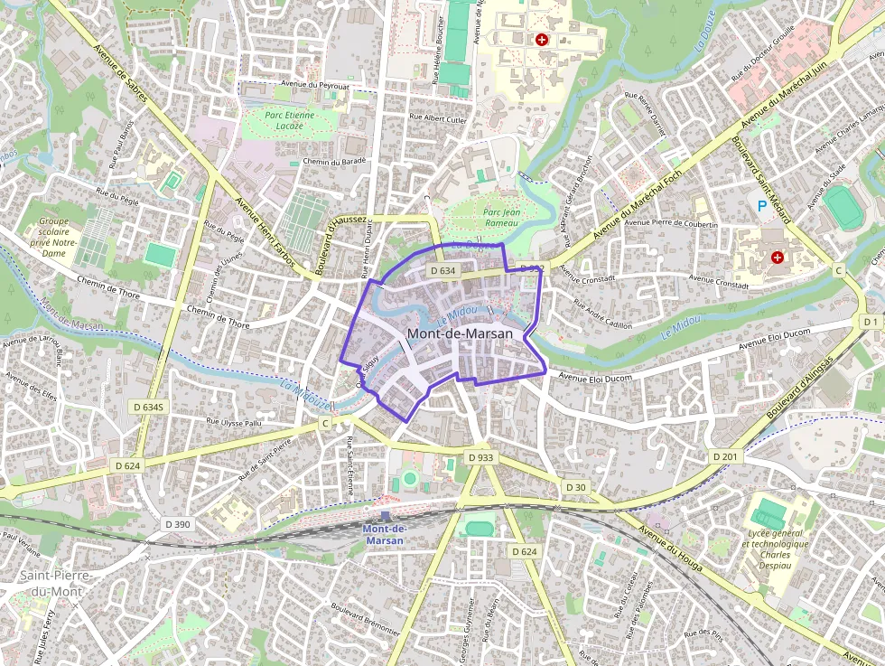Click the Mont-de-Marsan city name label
click(460, 333)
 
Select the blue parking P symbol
click(761, 207)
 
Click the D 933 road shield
click(481, 458)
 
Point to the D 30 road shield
click(575, 488)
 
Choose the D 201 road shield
click(725, 457)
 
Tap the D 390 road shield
click(178, 524)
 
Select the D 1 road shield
click(870, 322)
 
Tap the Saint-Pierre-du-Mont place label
click(51, 584)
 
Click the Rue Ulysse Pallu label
click(234, 421)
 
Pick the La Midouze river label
click(304, 392)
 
